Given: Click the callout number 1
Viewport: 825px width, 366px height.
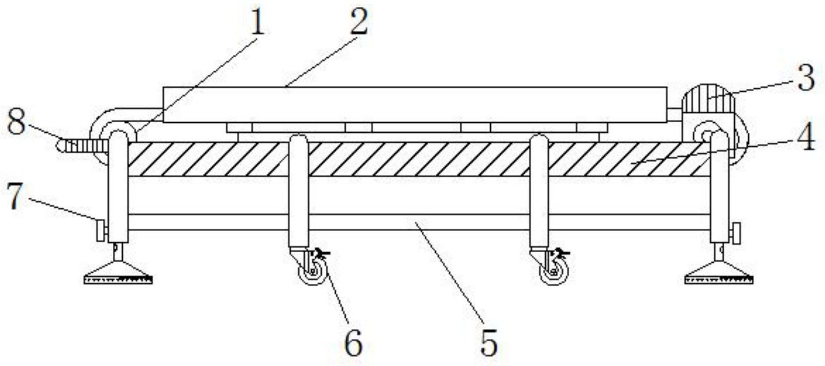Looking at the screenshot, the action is coord(257,23).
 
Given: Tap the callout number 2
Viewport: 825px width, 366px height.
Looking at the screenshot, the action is coord(359,22).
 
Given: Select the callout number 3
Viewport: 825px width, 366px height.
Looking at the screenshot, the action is coord(806,78).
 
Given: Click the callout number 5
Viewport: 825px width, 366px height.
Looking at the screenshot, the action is coord(489,343).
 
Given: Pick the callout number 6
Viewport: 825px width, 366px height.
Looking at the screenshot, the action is coord(353,343).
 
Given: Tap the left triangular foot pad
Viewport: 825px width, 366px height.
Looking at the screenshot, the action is coord(118,273).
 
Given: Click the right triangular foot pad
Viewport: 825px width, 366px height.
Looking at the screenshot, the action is coord(719,273).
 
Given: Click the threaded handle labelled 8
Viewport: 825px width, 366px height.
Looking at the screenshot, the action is coord(83,146).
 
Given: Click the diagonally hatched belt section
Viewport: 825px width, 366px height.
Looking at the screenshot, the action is coord(419,159).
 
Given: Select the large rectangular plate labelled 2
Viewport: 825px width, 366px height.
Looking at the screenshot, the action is coord(415,105).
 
